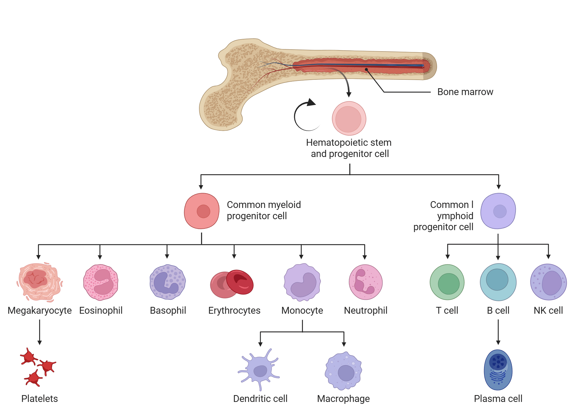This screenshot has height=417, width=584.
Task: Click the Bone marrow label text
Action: coord(465,92)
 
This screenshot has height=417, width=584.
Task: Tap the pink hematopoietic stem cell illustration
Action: coord(349,118)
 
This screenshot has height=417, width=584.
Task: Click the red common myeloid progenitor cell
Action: coord(202,211)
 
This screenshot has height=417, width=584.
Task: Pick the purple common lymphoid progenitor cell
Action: coord(498,211)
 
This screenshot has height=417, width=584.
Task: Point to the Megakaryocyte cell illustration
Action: coord(39,282)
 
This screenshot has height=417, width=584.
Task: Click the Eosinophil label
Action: coord(101,310)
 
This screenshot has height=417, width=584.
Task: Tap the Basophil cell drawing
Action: coord(168,282)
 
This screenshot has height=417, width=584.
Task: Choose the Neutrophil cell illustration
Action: coord(366,282)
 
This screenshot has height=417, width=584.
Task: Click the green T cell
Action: coord(447,282)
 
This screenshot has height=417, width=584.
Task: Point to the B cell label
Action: coord(498,310)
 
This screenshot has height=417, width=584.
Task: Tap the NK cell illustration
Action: coord(548,282)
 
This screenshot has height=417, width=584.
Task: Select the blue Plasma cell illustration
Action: coord(498,370)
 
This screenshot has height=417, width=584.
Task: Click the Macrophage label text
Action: coord(343,399)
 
